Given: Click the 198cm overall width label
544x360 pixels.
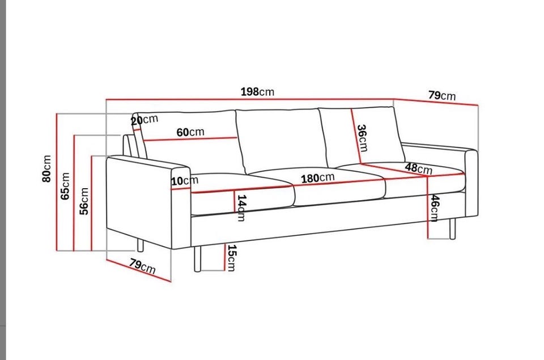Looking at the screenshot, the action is click(257, 92).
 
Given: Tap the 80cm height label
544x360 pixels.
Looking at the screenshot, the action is click(46, 168).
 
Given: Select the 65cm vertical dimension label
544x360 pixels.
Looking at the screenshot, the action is click(65, 186).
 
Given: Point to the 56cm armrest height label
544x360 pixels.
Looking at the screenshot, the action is click(84, 201).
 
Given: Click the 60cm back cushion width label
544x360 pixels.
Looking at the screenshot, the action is click(190, 132).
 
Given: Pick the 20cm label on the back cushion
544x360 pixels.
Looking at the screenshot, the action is click(144, 120).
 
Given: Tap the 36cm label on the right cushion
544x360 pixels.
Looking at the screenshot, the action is click(363, 138).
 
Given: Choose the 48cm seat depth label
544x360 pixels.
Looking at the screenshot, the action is click(419, 168).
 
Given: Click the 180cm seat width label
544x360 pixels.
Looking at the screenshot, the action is click(317, 178).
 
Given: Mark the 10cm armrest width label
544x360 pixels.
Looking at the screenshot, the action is click(185, 180).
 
